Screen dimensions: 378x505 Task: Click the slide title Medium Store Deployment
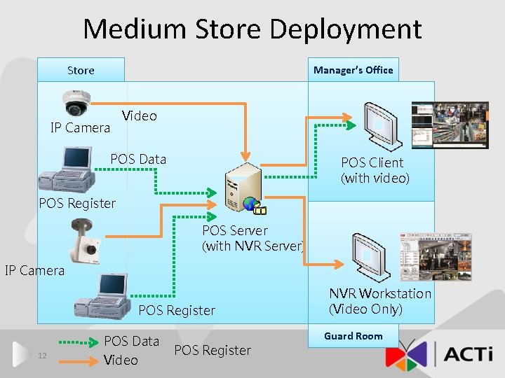(x=252, y=29)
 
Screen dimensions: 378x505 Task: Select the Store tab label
(x=81, y=70)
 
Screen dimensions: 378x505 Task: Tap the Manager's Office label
(x=353, y=70)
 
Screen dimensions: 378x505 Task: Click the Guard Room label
(x=353, y=336)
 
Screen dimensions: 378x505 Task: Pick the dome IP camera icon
(x=74, y=102)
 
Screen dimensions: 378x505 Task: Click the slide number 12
(x=42, y=356)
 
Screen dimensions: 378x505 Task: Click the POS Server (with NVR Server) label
(x=253, y=238)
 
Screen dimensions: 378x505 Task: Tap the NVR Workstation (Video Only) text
(x=380, y=301)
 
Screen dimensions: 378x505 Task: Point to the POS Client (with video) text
(x=375, y=170)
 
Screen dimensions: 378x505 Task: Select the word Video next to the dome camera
(x=140, y=115)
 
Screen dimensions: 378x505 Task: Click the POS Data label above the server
(x=138, y=159)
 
